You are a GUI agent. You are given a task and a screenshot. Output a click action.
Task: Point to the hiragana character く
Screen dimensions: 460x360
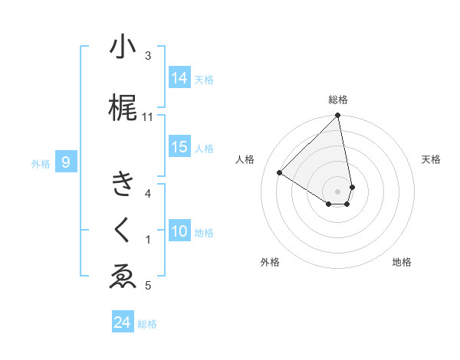[123, 231]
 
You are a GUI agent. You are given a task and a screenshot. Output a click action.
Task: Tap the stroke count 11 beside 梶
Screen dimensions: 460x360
[148, 117]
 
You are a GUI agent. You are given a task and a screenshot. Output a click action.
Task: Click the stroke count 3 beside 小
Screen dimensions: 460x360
[148, 56]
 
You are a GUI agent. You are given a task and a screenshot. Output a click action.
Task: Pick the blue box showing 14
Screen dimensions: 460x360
[179, 78]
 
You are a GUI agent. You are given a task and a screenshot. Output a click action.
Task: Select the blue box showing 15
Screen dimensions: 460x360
[179, 147]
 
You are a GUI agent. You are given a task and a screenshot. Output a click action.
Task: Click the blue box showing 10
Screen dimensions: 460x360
[179, 231]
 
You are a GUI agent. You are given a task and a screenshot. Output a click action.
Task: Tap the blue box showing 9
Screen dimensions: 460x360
[66, 162]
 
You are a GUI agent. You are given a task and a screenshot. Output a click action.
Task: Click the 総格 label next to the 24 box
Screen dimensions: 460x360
[147, 324]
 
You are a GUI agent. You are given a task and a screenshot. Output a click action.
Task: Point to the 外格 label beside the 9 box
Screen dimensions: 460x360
[40, 163]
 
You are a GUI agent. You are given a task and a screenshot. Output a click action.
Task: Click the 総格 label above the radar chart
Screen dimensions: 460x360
[338, 100]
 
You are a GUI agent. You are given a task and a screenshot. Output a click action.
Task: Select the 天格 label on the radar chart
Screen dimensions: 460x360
[432, 159]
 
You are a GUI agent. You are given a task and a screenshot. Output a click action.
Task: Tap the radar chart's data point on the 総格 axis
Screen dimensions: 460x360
[338, 116]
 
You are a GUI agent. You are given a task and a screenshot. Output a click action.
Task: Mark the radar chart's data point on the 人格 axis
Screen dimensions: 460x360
[280, 172]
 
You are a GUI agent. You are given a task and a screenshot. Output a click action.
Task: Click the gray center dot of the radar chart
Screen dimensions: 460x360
[338, 191]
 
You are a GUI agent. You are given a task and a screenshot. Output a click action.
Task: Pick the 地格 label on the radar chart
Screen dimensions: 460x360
[402, 262]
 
